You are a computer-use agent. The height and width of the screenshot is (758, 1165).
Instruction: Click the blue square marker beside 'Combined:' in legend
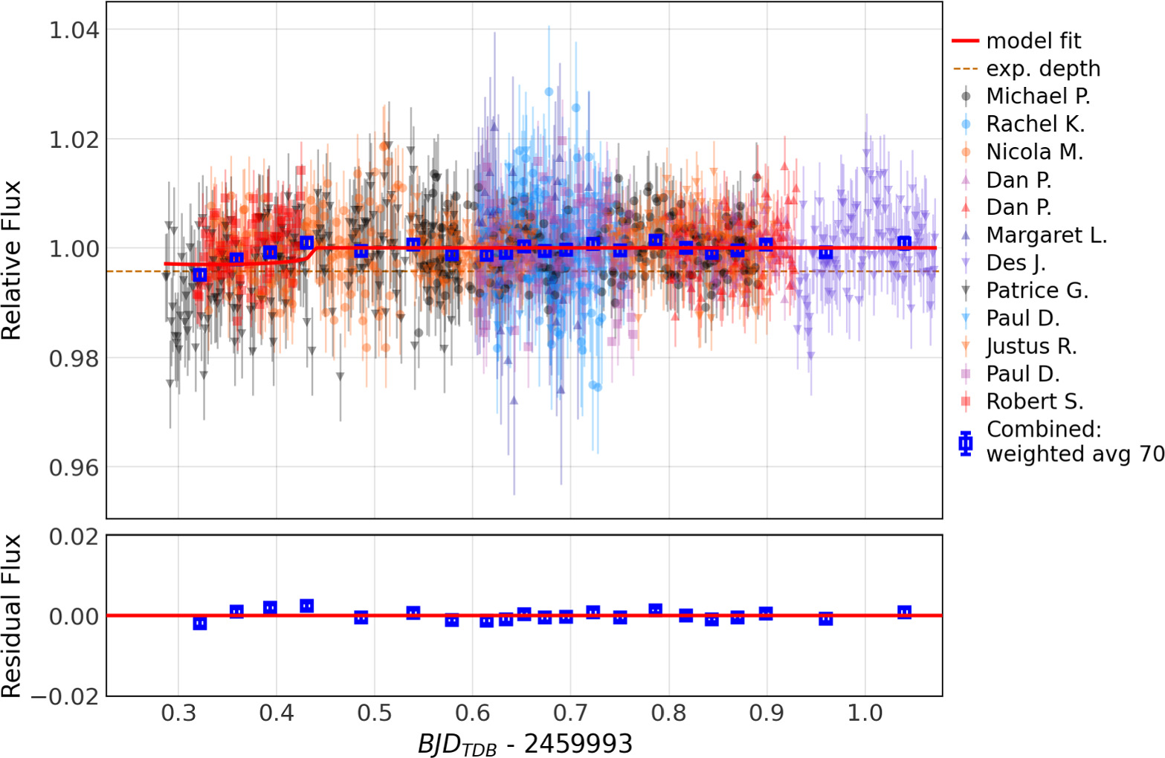pyautogui.click(x=966, y=443)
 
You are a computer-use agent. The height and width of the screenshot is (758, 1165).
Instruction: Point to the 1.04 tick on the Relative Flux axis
pyautogui.click(x=74, y=30)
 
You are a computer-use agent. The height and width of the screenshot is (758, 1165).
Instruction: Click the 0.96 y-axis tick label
pyautogui.click(x=74, y=467)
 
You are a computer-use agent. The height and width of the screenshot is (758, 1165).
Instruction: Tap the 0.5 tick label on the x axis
pyautogui.click(x=375, y=713)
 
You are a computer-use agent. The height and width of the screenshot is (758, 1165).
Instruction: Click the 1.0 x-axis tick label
pyautogui.click(x=865, y=713)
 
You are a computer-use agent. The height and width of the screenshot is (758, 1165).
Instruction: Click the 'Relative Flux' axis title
pyautogui.click(x=12, y=260)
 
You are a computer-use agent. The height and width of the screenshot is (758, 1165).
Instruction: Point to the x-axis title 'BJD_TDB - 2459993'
pyautogui.click(x=525, y=744)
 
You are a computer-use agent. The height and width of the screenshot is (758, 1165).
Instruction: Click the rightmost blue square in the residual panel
pyautogui.click(x=904, y=613)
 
